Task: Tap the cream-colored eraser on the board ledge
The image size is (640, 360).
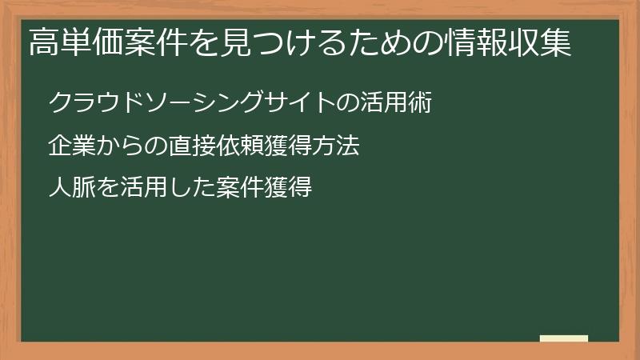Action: [x=563, y=339]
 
